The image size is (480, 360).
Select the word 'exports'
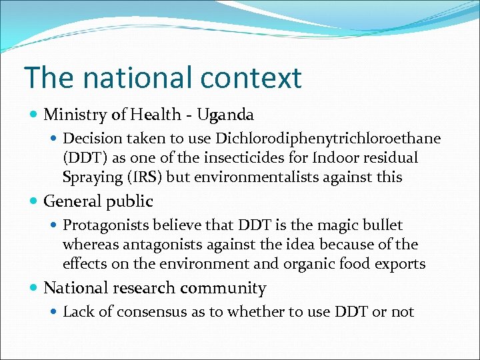tap(399, 264)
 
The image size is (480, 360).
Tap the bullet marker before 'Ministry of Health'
tap(34, 115)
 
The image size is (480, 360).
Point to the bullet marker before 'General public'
tap(34, 201)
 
